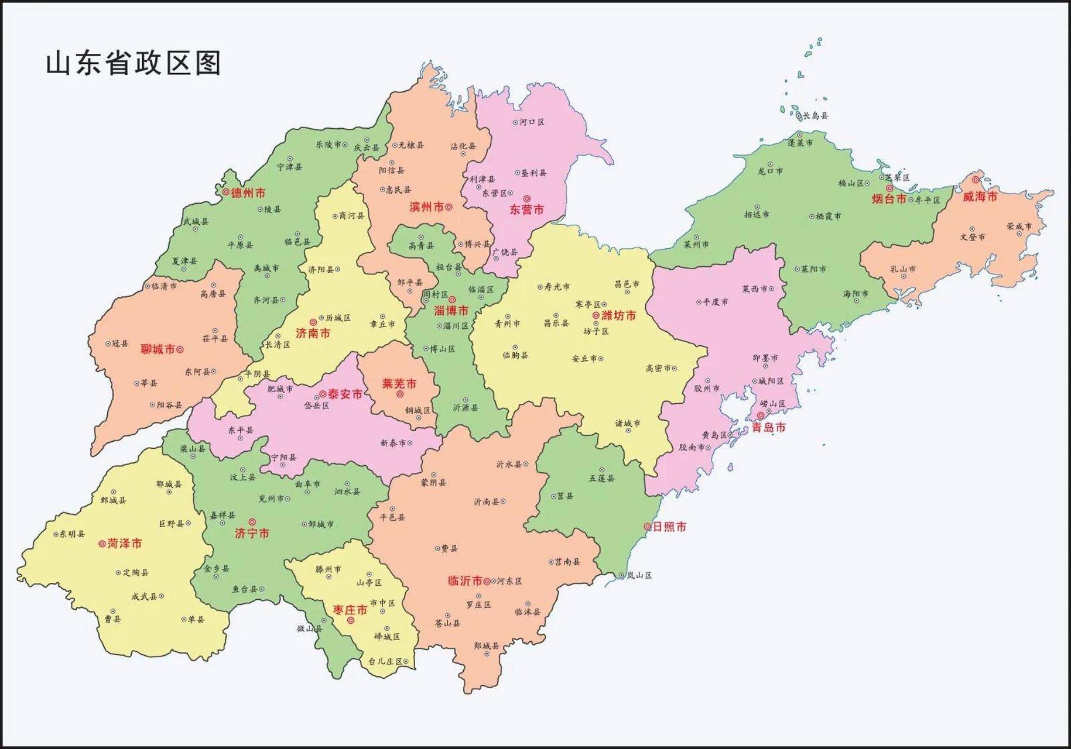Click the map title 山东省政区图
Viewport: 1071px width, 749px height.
coord(133,63)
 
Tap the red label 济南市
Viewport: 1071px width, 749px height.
coord(313,333)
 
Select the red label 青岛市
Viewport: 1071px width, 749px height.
coord(768,428)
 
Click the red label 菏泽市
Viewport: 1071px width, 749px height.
coord(124,544)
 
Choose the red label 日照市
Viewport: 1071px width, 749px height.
coord(669,527)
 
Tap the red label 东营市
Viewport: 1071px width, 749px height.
coord(526,209)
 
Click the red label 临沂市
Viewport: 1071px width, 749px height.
coord(465,581)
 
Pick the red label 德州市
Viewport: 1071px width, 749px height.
coord(248,193)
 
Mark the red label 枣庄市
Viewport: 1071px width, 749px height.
coord(350,610)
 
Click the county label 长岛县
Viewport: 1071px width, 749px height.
coord(815,116)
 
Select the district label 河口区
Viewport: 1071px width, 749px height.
coord(532,122)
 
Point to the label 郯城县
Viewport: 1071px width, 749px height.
coord(487,645)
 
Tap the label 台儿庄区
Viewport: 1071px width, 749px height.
coord(385,661)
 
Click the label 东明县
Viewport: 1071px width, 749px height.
coord(72,534)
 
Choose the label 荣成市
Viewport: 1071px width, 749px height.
coord(1019,226)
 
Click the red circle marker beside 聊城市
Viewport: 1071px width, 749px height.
coord(180,349)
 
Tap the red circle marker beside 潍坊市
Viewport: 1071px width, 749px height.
coord(596,315)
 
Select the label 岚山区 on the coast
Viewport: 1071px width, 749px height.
coord(639,575)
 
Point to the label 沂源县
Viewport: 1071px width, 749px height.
coord(466,408)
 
